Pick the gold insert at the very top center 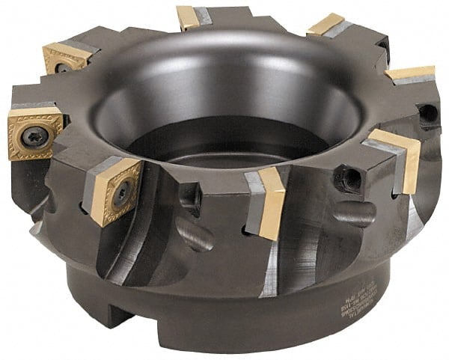[x=189, y=16]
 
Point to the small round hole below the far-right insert [x=428, y=114]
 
